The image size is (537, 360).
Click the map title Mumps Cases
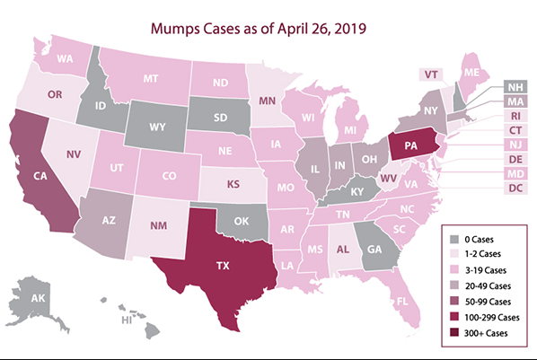click(268, 29)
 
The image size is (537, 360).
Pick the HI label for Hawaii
click(127, 320)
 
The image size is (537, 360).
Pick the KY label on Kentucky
click(356, 190)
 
